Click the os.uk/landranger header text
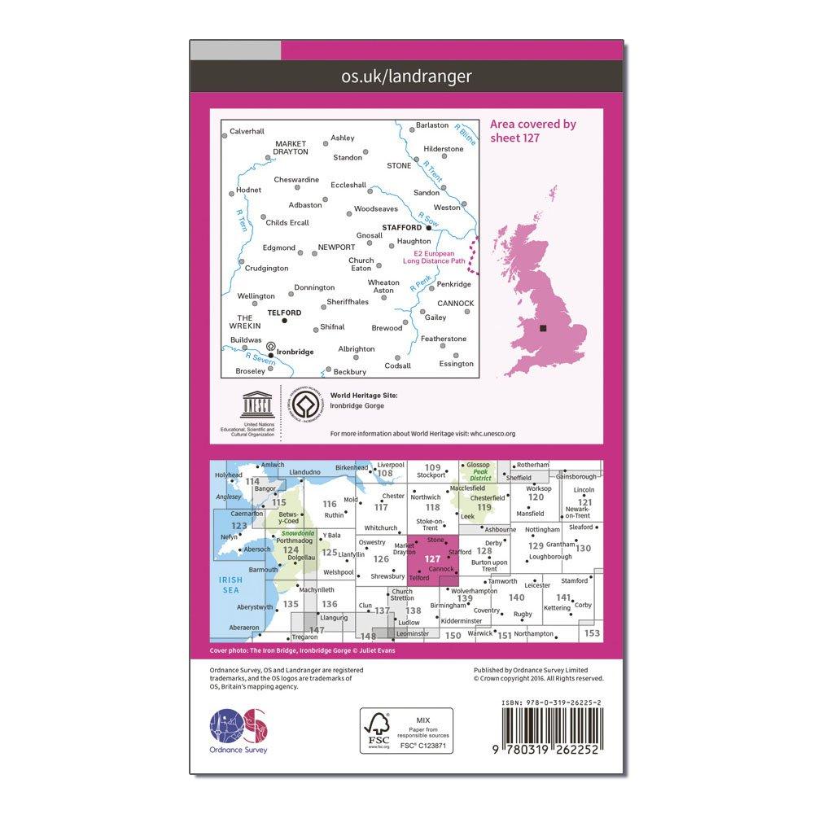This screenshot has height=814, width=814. coord(408,77)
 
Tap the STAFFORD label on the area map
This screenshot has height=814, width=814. coord(401,228)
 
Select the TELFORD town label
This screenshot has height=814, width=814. coord(285,313)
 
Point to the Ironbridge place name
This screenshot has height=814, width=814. coord(295,352)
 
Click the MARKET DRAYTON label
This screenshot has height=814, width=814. coord(291,148)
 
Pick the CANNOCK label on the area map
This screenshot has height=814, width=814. coord(455,304)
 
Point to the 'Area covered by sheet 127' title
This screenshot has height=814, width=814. coord(532,130)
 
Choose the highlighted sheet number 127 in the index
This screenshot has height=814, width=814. coord(432,559)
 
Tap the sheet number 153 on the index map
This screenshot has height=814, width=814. coord(591,633)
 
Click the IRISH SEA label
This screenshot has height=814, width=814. coord(231,585)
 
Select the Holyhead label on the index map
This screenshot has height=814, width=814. coord(229,475)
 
